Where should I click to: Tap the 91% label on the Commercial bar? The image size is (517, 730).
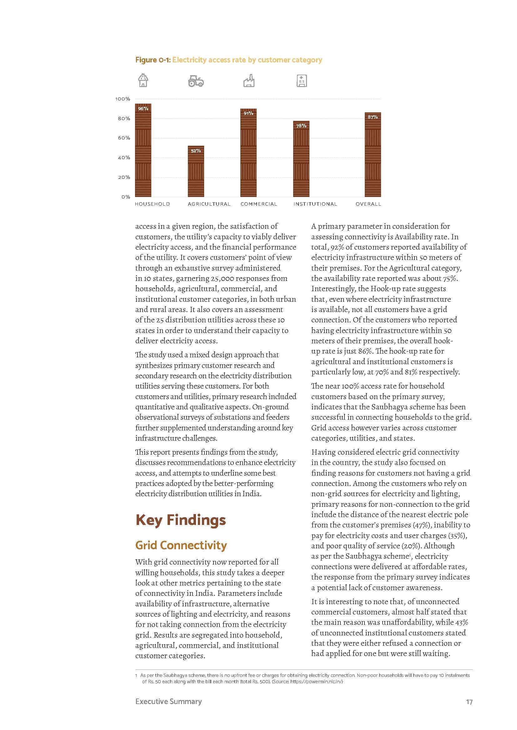[248, 114]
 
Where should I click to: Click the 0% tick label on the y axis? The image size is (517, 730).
[126, 197]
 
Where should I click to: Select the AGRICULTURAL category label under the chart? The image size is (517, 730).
[209, 204]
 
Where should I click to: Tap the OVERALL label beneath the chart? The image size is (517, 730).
[368, 204]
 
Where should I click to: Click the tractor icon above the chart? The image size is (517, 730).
[196, 81]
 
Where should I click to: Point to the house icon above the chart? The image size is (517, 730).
[143, 80]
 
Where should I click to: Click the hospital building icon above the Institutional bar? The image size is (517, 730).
[301, 81]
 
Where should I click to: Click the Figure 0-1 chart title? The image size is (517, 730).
[228, 60]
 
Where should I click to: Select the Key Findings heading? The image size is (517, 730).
[180, 520]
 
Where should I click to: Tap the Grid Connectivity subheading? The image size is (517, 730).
[181, 545]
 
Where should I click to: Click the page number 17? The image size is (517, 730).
[469, 702]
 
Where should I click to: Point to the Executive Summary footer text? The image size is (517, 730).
[168, 702]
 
